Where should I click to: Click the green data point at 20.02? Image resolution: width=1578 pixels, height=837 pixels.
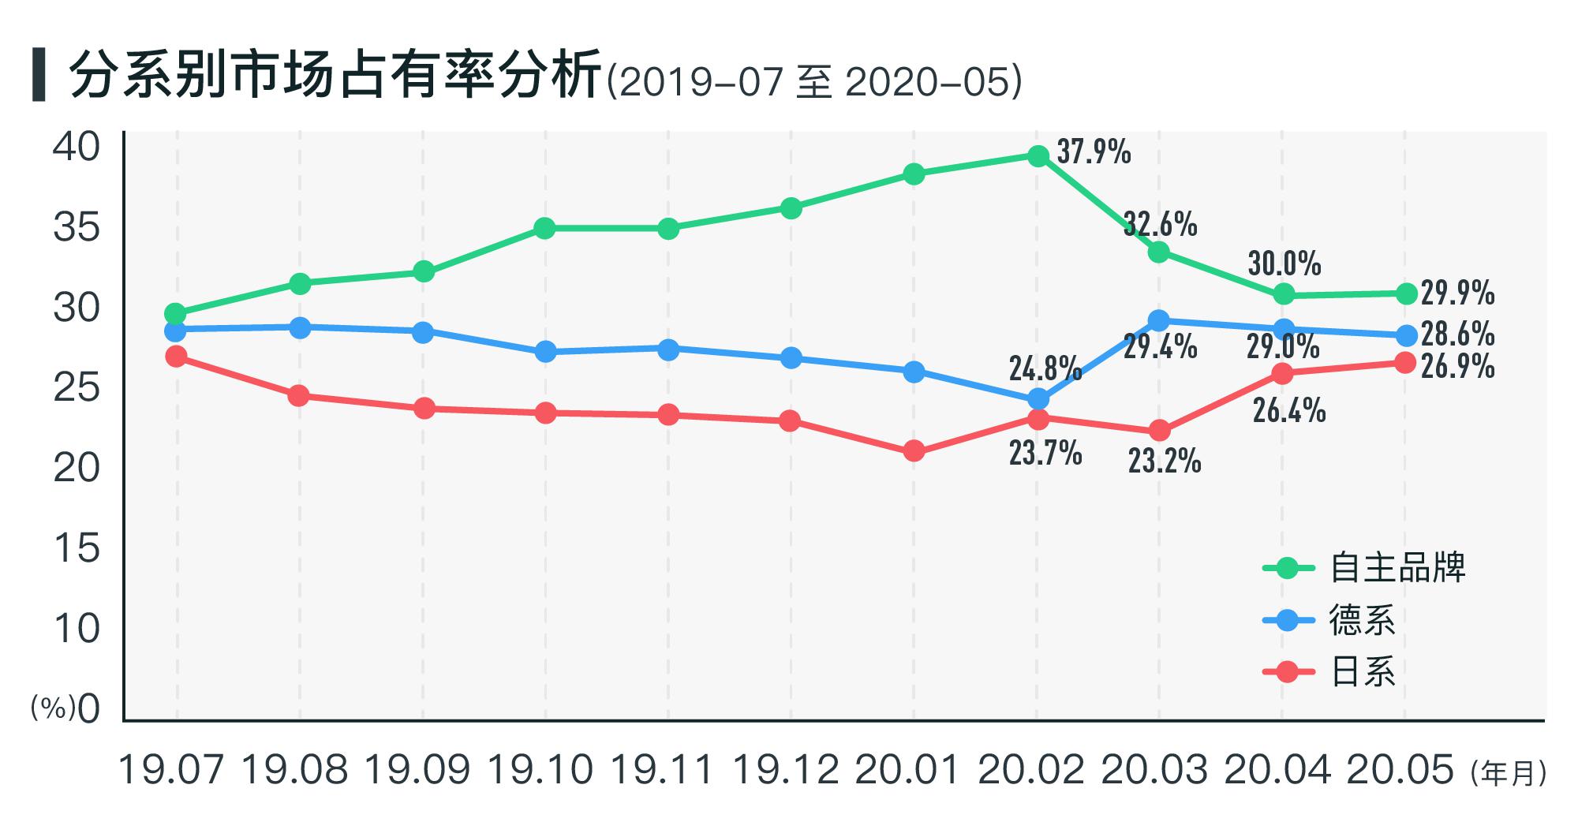coord(1038,156)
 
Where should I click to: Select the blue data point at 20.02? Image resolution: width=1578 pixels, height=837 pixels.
coord(1038,399)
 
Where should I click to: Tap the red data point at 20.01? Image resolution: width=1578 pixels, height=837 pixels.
coord(914,451)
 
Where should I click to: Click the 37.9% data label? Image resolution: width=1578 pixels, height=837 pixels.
coord(1094,151)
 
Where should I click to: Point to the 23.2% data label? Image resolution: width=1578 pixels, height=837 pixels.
coord(1164,461)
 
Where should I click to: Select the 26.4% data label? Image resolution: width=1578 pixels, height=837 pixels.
coord(1288,410)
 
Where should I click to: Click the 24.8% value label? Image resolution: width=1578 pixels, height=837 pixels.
coord(1045,368)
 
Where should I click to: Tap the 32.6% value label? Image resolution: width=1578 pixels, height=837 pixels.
coord(1160,225)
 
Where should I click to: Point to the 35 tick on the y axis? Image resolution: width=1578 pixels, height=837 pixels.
coord(77,229)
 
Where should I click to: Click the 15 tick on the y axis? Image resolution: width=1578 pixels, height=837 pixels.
coord(77,548)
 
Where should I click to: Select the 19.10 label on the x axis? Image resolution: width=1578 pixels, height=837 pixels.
coord(540,770)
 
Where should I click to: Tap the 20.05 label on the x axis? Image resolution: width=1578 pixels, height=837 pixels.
coord(1400,770)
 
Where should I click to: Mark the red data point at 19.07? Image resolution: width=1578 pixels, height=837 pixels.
coord(177,357)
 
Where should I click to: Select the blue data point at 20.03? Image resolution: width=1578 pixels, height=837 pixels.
coord(1159,320)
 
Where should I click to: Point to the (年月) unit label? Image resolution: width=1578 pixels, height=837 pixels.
coord(1508,773)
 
